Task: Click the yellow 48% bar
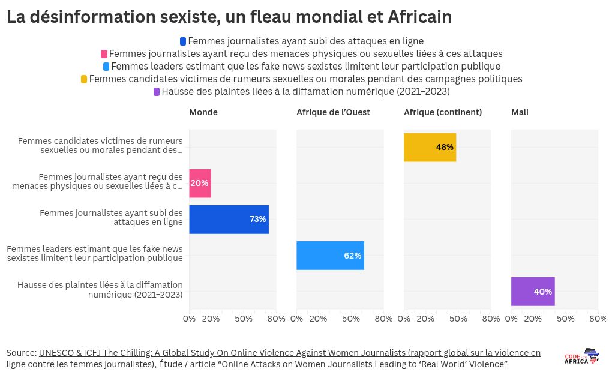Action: pos(430,147)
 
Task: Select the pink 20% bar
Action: pos(200,183)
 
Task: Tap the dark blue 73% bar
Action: pos(229,219)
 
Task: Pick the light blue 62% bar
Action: pos(330,255)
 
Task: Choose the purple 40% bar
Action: pos(533,291)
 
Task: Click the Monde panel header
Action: pos(203,112)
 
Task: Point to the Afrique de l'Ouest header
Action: pos(333,112)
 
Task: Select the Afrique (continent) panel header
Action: pos(443,112)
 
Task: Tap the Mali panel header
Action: pos(520,112)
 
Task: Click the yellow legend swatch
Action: pos(84,79)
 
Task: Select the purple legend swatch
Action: pos(157,92)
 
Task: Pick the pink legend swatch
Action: pos(104,54)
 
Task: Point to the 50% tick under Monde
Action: pos(244,319)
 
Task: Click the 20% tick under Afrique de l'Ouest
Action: pos(318,319)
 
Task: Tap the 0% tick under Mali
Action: pos(511,319)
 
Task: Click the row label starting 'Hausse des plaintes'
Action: pos(100,290)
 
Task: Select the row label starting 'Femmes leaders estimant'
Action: pos(95,254)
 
